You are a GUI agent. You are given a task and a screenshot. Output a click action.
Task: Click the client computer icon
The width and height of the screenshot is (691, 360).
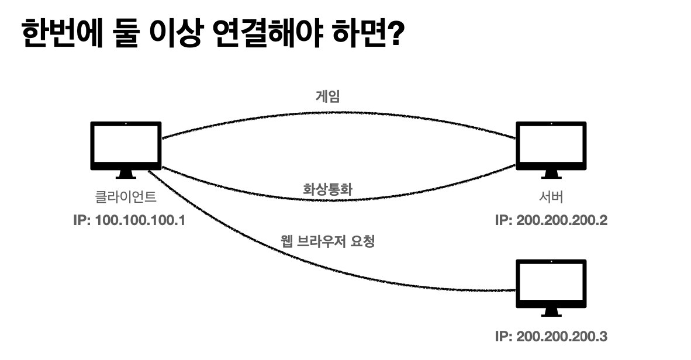[x=126, y=146]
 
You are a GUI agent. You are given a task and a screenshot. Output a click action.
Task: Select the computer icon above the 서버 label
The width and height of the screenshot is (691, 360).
[x=550, y=146]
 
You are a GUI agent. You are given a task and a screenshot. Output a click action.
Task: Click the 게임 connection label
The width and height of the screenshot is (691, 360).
[x=327, y=97]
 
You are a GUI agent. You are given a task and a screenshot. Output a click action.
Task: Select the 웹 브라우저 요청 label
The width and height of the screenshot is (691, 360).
[x=327, y=240]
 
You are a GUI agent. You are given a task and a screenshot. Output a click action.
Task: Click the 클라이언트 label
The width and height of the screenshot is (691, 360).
[x=126, y=198]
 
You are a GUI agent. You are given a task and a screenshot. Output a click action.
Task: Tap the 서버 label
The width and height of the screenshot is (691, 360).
[x=550, y=198]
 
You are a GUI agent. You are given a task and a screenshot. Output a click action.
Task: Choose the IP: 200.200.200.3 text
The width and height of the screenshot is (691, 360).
[x=550, y=337]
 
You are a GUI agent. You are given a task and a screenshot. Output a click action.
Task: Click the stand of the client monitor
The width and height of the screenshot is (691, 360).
[x=126, y=174]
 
